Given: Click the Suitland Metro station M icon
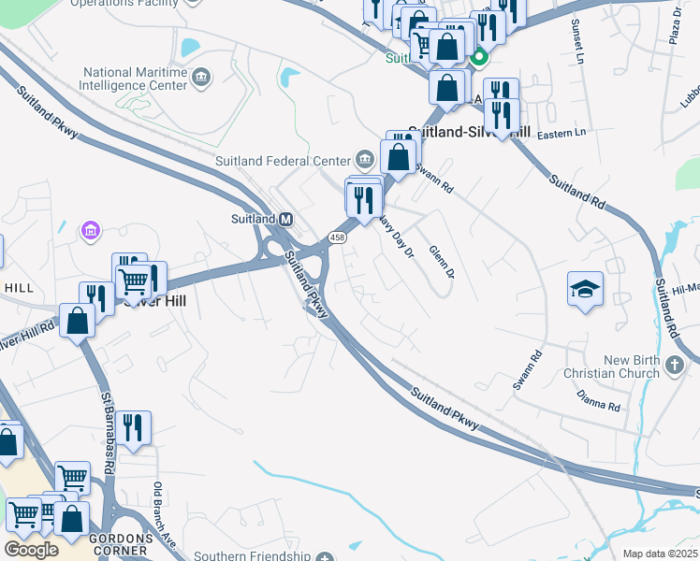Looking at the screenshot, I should pyautogui.click(x=287, y=219).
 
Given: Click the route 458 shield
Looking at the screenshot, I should pyautogui.click(x=338, y=238).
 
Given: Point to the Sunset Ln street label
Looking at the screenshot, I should pyautogui.click(x=576, y=37).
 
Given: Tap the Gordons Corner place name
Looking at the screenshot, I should pyautogui.click(x=120, y=539).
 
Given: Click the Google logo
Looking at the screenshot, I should pyautogui.click(x=31, y=549).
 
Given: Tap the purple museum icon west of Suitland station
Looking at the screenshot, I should pyautogui.click(x=91, y=229).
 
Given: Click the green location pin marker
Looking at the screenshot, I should pyautogui.click(x=478, y=58).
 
